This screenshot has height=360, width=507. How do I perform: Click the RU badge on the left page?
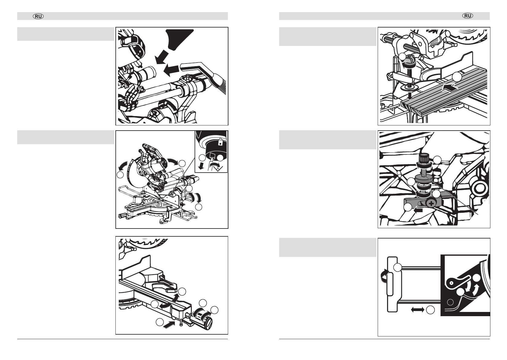pos(38,16)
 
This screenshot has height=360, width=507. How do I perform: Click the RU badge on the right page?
pos(468,16)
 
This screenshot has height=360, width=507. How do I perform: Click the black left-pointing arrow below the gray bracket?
pos(418,210)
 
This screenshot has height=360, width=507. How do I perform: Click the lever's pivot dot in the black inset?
pos(451,283)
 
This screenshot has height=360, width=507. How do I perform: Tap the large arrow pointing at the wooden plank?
pos(451,88)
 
